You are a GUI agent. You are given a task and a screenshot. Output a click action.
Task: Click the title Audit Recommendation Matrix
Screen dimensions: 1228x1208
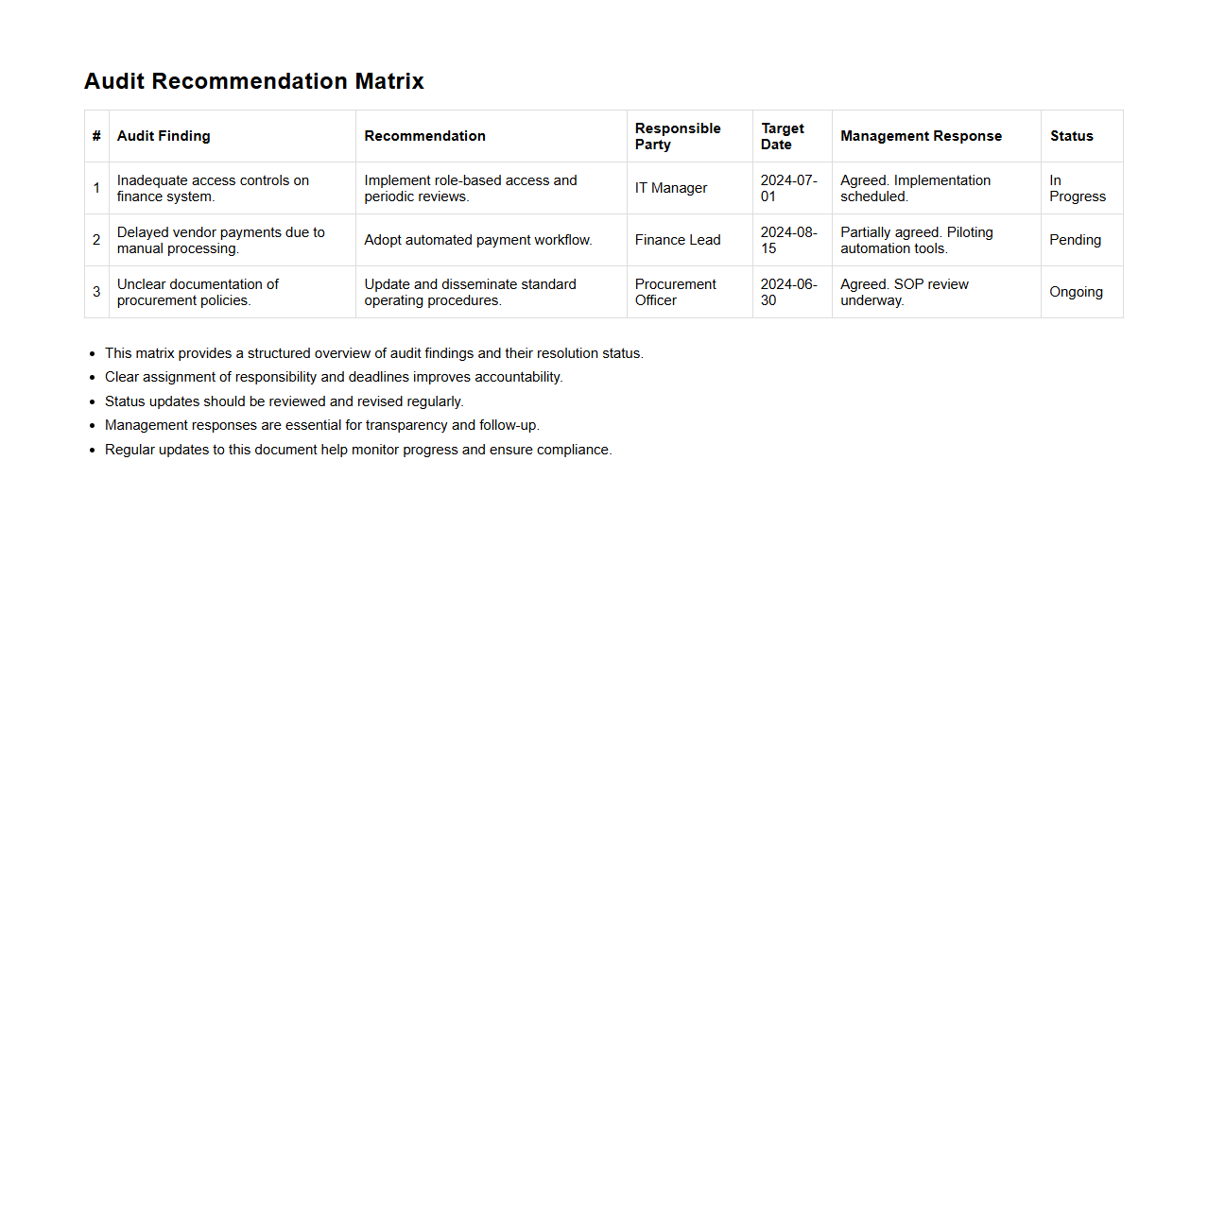pos(253,81)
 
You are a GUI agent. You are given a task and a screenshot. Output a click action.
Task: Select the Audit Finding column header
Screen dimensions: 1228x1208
pos(164,136)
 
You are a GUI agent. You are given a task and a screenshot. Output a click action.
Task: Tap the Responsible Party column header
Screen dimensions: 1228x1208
pos(678,136)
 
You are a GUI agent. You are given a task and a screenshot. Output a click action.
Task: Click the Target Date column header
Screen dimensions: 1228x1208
pos(783,136)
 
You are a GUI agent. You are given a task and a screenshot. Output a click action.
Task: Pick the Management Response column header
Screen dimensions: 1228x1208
pos(921,136)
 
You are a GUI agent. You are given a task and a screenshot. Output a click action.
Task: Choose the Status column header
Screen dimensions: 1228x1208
pos(1071,136)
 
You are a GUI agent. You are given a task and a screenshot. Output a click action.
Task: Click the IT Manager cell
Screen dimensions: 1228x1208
pos(671,188)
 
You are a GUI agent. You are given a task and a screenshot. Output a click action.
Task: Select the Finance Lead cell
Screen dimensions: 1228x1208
pos(678,240)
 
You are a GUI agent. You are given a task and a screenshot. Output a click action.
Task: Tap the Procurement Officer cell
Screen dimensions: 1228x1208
pos(675,292)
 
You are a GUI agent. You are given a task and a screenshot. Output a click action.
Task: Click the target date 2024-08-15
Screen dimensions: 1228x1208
pos(788,240)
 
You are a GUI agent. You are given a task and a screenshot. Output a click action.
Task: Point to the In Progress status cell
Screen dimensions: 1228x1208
pos(1077,188)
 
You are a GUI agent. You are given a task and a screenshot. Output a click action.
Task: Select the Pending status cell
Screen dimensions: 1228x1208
pos(1075,240)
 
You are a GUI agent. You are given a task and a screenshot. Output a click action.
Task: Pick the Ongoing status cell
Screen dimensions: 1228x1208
pos(1076,292)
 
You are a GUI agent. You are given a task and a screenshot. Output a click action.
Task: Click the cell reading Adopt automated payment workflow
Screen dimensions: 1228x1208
pos(478,240)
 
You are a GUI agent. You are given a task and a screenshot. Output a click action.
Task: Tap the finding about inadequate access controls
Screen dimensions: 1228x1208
pos(213,188)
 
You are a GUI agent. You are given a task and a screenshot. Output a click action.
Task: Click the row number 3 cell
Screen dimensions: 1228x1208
pos(96,292)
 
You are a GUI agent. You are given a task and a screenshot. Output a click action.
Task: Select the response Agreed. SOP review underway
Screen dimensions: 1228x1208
pos(904,292)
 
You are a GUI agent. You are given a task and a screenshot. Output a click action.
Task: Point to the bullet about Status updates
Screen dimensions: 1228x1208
pos(284,401)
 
